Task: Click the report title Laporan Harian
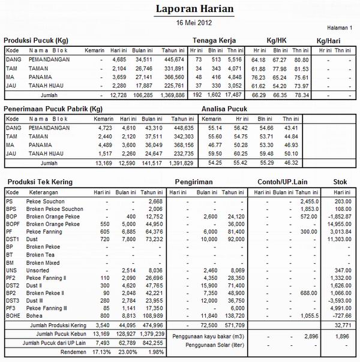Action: click(x=195, y=10)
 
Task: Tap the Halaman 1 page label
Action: click(x=340, y=28)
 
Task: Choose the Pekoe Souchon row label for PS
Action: click(x=46, y=201)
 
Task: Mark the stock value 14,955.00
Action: click(x=340, y=224)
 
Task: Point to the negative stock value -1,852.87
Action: click(x=339, y=216)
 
